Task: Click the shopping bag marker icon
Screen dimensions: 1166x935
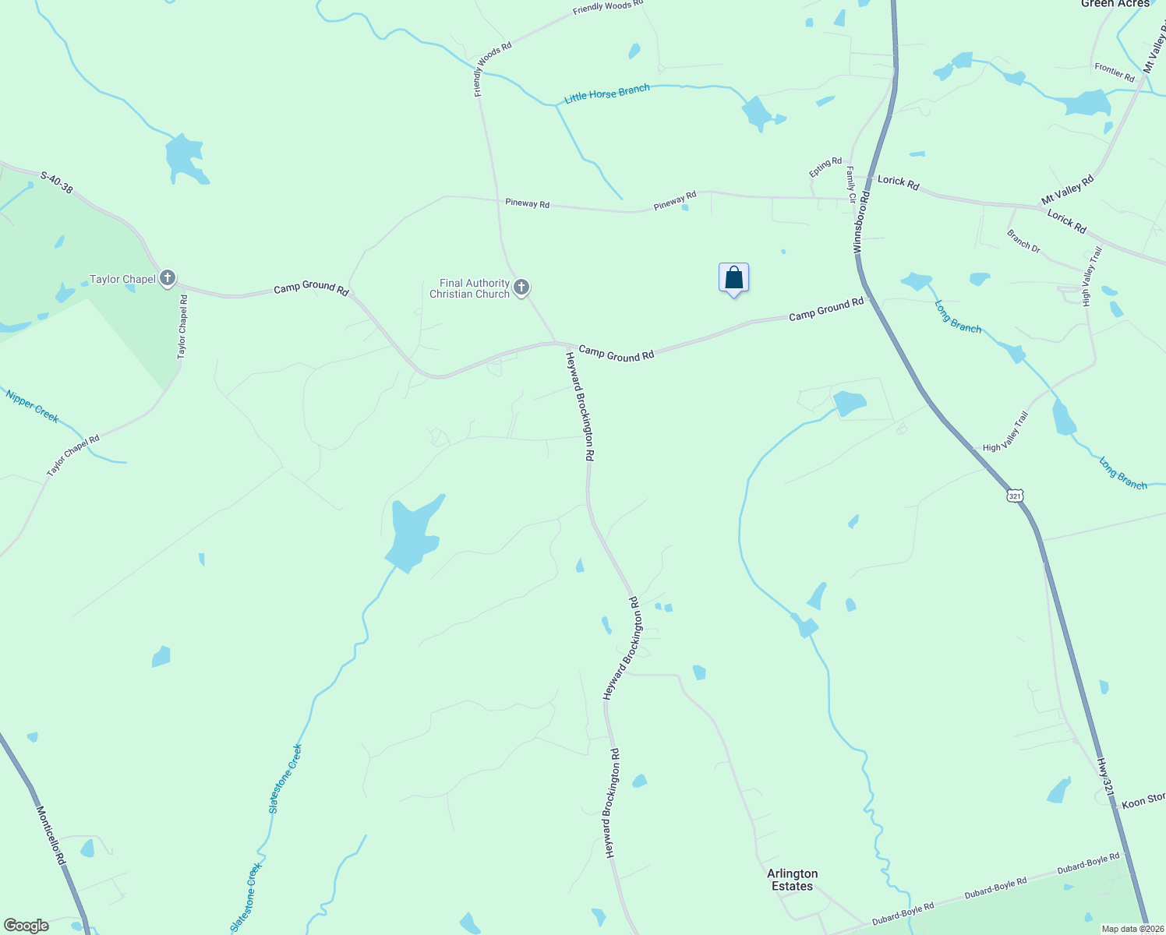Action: tap(733, 278)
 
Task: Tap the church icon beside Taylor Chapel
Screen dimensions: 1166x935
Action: tap(168, 278)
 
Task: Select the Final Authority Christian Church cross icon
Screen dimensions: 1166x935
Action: tap(521, 288)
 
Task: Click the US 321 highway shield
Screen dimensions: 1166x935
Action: tap(1014, 496)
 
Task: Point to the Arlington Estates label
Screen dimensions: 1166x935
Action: tap(792, 880)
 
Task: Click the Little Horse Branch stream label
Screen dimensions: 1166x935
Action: tap(607, 93)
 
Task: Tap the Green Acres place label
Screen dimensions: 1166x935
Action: tap(1115, 4)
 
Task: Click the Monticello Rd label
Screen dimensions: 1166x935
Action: tap(51, 834)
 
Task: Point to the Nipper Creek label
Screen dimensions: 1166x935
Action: tap(32, 406)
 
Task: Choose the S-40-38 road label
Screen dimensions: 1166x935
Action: tap(57, 182)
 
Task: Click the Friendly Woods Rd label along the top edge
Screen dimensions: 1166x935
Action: tap(607, 7)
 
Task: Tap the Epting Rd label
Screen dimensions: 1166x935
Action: tap(825, 167)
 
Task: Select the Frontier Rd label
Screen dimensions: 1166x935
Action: tap(1114, 72)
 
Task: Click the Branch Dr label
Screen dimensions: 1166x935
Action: tap(1023, 241)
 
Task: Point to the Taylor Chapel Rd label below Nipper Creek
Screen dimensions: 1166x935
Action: tap(73, 456)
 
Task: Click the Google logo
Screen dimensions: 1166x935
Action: tap(26, 926)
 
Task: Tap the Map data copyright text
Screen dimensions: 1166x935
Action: tap(1132, 929)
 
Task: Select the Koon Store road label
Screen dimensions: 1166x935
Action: tap(1143, 801)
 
